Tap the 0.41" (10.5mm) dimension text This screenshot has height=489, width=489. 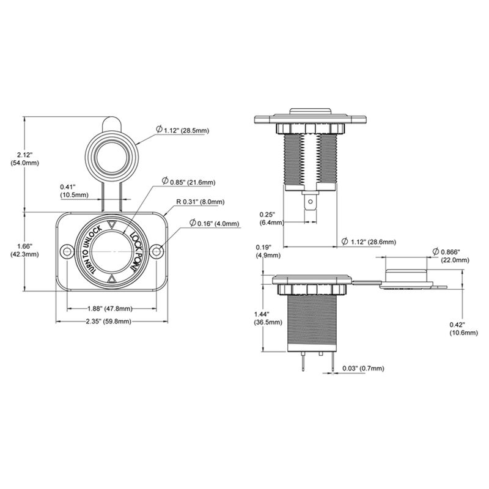tap(73, 191)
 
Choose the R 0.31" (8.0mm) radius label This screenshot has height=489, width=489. tap(200, 202)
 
